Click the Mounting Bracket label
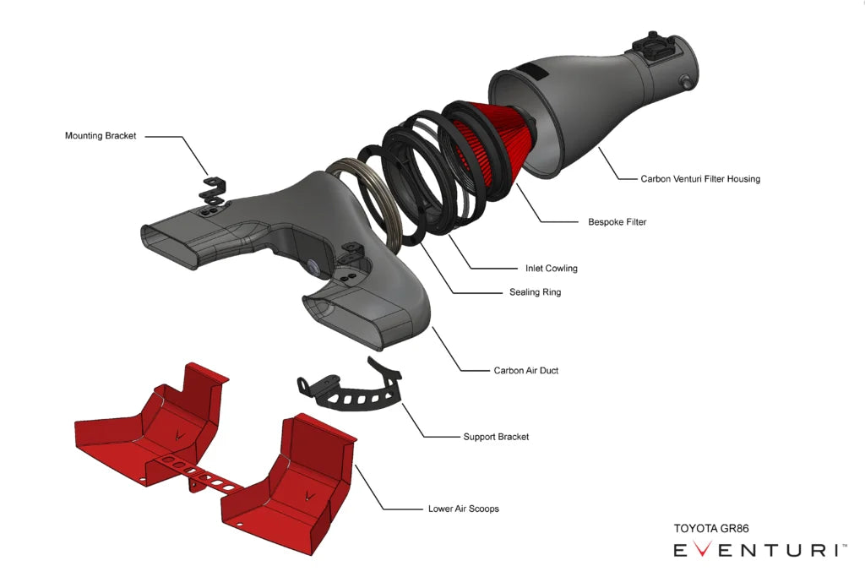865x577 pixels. [x=101, y=135]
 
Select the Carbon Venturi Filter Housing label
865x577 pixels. [x=688, y=179]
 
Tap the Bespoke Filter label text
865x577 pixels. [x=617, y=222]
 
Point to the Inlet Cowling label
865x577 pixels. [x=551, y=269]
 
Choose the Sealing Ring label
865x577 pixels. [x=535, y=292]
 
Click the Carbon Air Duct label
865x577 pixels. [x=525, y=370]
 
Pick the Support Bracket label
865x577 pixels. [x=496, y=437]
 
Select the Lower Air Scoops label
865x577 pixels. [x=463, y=509]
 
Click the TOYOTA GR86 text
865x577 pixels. [x=710, y=529]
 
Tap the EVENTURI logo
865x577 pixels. [x=759, y=551]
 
